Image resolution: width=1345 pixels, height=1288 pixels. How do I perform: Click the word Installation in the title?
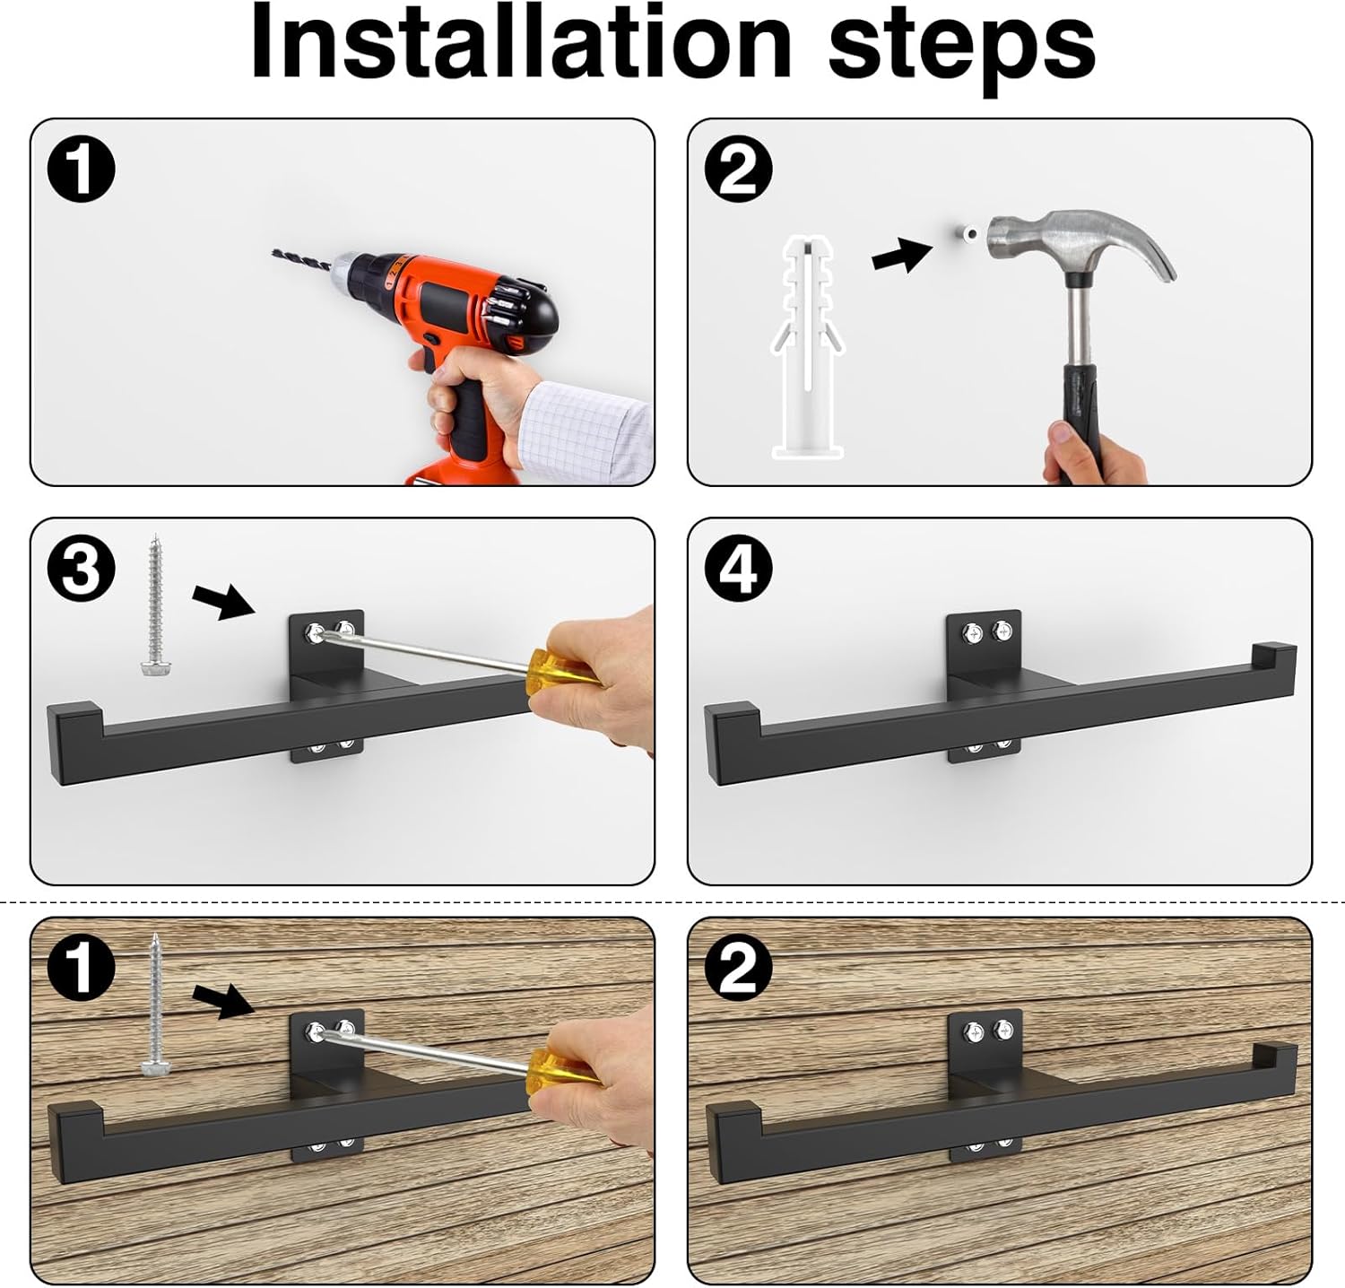click(x=521, y=43)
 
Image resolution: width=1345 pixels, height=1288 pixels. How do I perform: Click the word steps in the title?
click(x=961, y=47)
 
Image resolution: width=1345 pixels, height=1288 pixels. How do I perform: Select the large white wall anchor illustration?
click(x=808, y=347)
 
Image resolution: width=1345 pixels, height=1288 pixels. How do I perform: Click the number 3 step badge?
click(x=82, y=568)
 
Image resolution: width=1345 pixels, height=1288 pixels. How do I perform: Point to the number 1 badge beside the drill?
click(x=82, y=170)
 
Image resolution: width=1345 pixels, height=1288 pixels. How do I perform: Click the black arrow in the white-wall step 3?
click(x=224, y=601)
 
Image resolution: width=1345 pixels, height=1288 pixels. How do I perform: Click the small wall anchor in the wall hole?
click(x=968, y=234)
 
